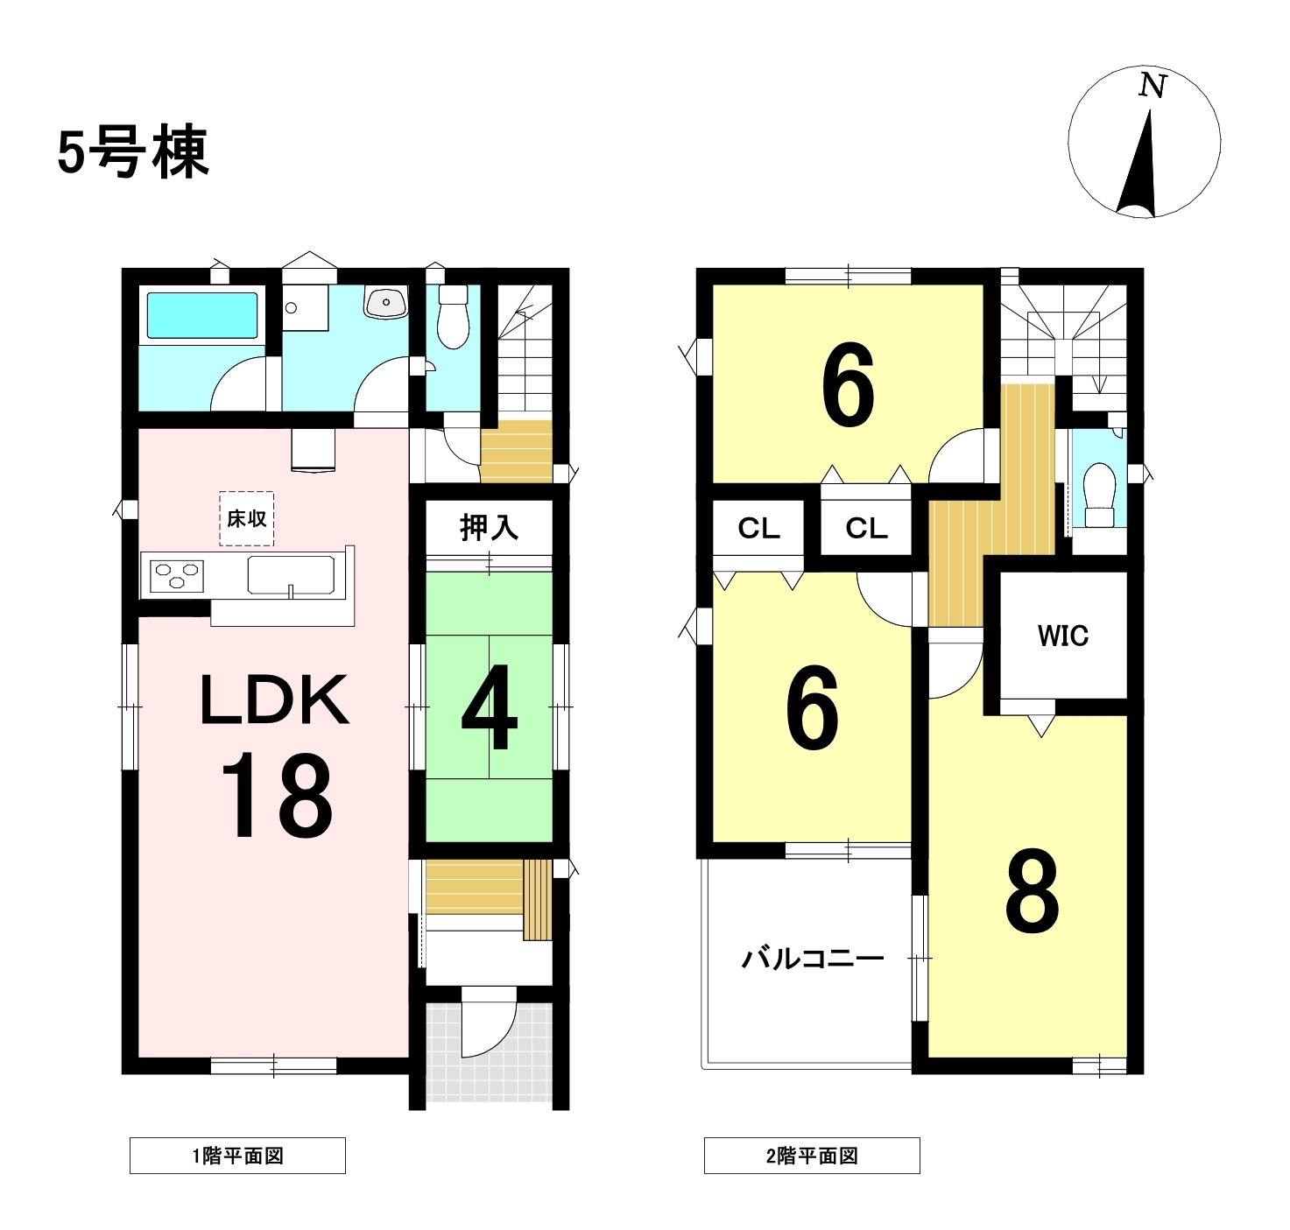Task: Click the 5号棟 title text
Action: [x=133, y=153]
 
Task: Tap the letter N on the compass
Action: [x=1153, y=86]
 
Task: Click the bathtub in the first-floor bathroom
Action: [x=201, y=315]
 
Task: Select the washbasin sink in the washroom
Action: [x=386, y=304]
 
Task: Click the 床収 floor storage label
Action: [x=246, y=519]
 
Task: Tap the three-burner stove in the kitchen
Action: [x=177, y=576]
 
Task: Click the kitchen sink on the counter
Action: [x=291, y=575]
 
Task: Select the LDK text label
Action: [x=274, y=700]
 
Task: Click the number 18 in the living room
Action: [x=276, y=795]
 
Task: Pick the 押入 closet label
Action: [x=489, y=527]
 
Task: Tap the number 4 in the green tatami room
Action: [x=490, y=707]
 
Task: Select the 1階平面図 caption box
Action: [x=237, y=1156]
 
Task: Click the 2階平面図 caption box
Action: [x=812, y=1156]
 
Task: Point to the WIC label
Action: [x=1063, y=636]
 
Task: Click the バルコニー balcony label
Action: [x=813, y=959]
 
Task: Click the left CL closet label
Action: [x=758, y=528]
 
